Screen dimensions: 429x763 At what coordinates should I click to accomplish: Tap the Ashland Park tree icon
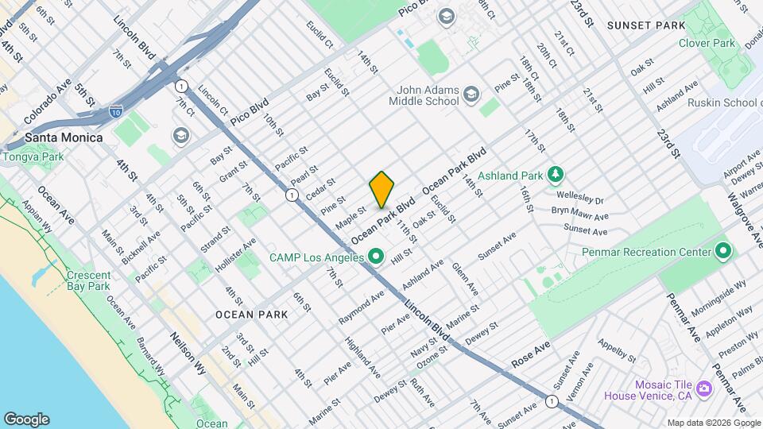click(556, 175)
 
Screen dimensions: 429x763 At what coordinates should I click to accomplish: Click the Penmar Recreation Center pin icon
click(722, 252)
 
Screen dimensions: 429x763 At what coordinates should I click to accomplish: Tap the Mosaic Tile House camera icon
click(703, 388)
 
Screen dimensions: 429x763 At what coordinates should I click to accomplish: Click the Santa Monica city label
click(64, 137)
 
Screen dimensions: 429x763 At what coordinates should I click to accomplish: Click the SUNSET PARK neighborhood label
click(645, 25)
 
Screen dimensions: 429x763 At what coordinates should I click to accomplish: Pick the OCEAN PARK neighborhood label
click(251, 315)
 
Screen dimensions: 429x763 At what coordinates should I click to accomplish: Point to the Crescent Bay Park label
click(89, 280)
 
